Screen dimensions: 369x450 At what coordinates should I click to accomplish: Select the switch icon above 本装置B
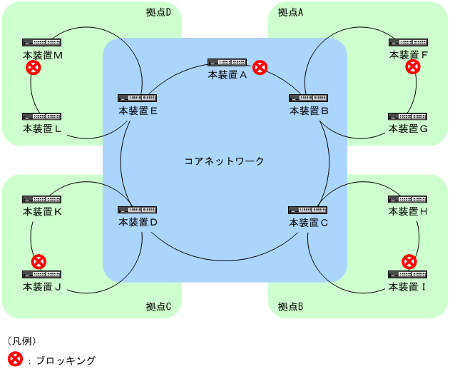pyautogui.click(x=308, y=98)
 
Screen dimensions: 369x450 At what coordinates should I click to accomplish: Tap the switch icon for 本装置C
pyautogui.click(x=308, y=210)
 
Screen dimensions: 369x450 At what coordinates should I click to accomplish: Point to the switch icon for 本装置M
pyautogui.click(x=41, y=43)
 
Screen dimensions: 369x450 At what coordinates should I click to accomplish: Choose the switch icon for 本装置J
pyautogui.click(x=41, y=275)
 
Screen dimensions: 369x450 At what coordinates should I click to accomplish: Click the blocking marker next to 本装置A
pyautogui.click(x=260, y=68)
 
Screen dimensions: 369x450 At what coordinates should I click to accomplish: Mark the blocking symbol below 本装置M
pyautogui.click(x=32, y=68)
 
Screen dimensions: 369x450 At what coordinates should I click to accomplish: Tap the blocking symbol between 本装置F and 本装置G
pyautogui.click(x=412, y=67)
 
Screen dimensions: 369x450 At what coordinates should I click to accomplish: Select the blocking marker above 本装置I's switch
pyautogui.click(x=409, y=261)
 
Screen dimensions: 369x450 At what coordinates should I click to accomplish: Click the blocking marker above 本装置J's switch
pyautogui.click(x=39, y=261)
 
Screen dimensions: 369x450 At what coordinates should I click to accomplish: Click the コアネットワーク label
pyautogui.click(x=225, y=161)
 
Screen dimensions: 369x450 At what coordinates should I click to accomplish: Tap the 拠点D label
pyautogui.click(x=159, y=12)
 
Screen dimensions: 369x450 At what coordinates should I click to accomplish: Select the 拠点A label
pyautogui.click(x=290, y=12)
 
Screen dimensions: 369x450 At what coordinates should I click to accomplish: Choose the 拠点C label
pyautogui.click(x=159, y=307)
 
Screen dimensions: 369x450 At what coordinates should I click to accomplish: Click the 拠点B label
pyautogui.click(x=290, y=307)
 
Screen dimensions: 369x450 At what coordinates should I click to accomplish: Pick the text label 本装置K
pyautogui.click(x=43, y=212)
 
